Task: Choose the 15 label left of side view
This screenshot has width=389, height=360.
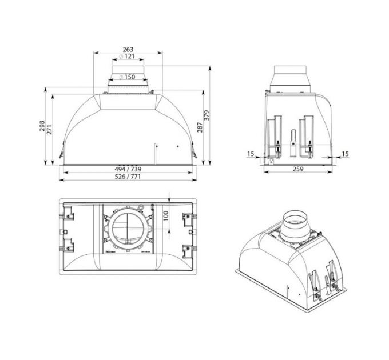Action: pos(251,153)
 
